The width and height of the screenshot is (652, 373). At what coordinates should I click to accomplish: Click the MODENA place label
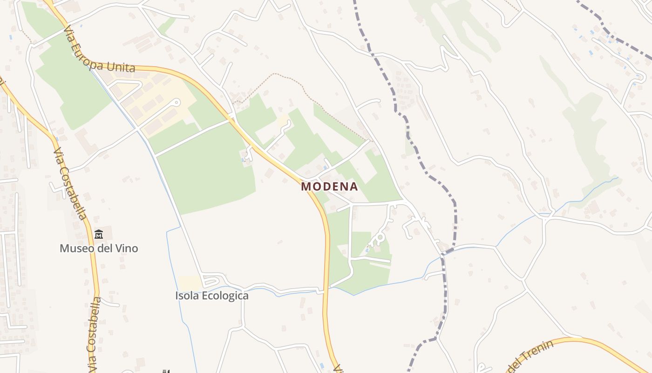329,186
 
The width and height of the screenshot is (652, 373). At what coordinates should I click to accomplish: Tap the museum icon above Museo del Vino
99,234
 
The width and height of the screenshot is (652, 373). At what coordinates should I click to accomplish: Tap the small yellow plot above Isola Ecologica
190,282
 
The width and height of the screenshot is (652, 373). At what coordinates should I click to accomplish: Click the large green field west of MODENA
205,173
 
